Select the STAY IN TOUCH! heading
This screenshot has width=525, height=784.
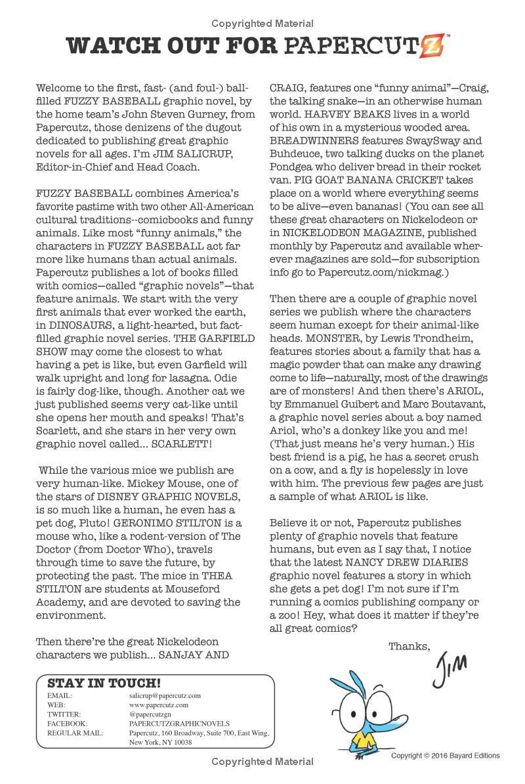104,683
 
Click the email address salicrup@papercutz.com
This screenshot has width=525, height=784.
165,695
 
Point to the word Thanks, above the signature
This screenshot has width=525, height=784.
409,646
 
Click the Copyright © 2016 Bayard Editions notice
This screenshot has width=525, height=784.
445,756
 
